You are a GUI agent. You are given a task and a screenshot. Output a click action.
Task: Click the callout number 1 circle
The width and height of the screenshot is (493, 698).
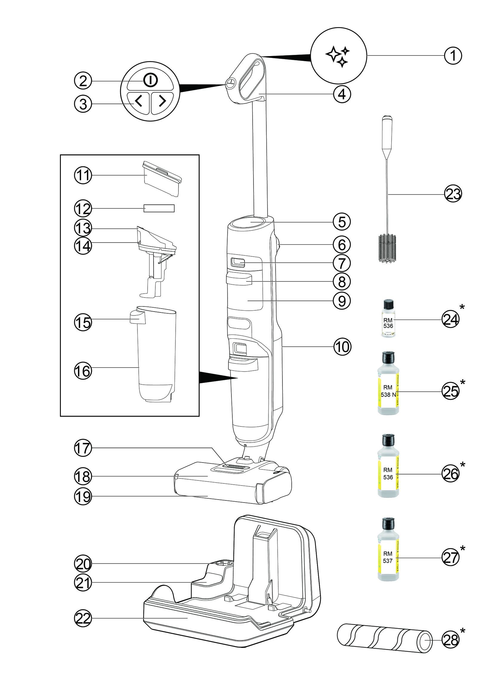(453, 56)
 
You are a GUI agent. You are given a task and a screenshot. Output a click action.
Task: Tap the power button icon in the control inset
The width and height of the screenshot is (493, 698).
(150, 81)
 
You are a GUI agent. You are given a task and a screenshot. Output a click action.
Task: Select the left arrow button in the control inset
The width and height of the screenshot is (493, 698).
(138, 101)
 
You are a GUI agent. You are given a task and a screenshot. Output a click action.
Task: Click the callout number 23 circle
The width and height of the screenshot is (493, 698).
(453, 194)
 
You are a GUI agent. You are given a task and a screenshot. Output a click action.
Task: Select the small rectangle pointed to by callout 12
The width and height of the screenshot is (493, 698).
(159, 208)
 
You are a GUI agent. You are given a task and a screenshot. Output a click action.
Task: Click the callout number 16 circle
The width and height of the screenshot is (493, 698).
(83, 371)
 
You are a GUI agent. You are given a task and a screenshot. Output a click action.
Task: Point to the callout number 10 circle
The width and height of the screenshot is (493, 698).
(342, 346)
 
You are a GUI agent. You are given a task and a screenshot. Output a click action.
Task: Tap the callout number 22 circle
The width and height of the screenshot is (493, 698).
(83, 618)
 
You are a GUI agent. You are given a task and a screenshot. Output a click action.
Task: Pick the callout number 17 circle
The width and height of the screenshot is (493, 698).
(83, 448)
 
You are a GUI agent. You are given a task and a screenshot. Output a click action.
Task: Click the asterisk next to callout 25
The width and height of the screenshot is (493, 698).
(463, 382)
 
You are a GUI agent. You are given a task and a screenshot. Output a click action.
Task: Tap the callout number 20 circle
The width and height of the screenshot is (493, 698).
(83, 564)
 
